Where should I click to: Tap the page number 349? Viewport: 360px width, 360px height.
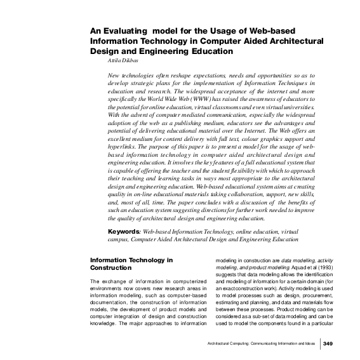[x=328, y=343]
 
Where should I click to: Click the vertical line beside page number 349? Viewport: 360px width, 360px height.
[x=320, y=343]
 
